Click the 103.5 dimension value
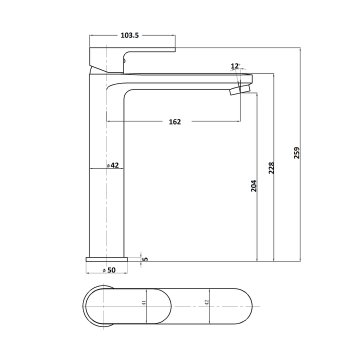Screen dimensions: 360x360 [129, 35]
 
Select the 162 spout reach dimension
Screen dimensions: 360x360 [174, 121]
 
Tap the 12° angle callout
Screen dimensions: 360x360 [235, 66]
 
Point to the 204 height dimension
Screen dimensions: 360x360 [253, 186]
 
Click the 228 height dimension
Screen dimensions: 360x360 [271, 167]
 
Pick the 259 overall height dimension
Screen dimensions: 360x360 [296, 153]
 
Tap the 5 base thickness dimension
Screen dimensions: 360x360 [145, 258]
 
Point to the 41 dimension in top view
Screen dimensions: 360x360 [143, 303]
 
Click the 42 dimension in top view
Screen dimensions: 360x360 [206, 303]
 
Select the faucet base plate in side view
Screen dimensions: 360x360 [107, 259]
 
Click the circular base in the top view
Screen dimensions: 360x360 [103, 305]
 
